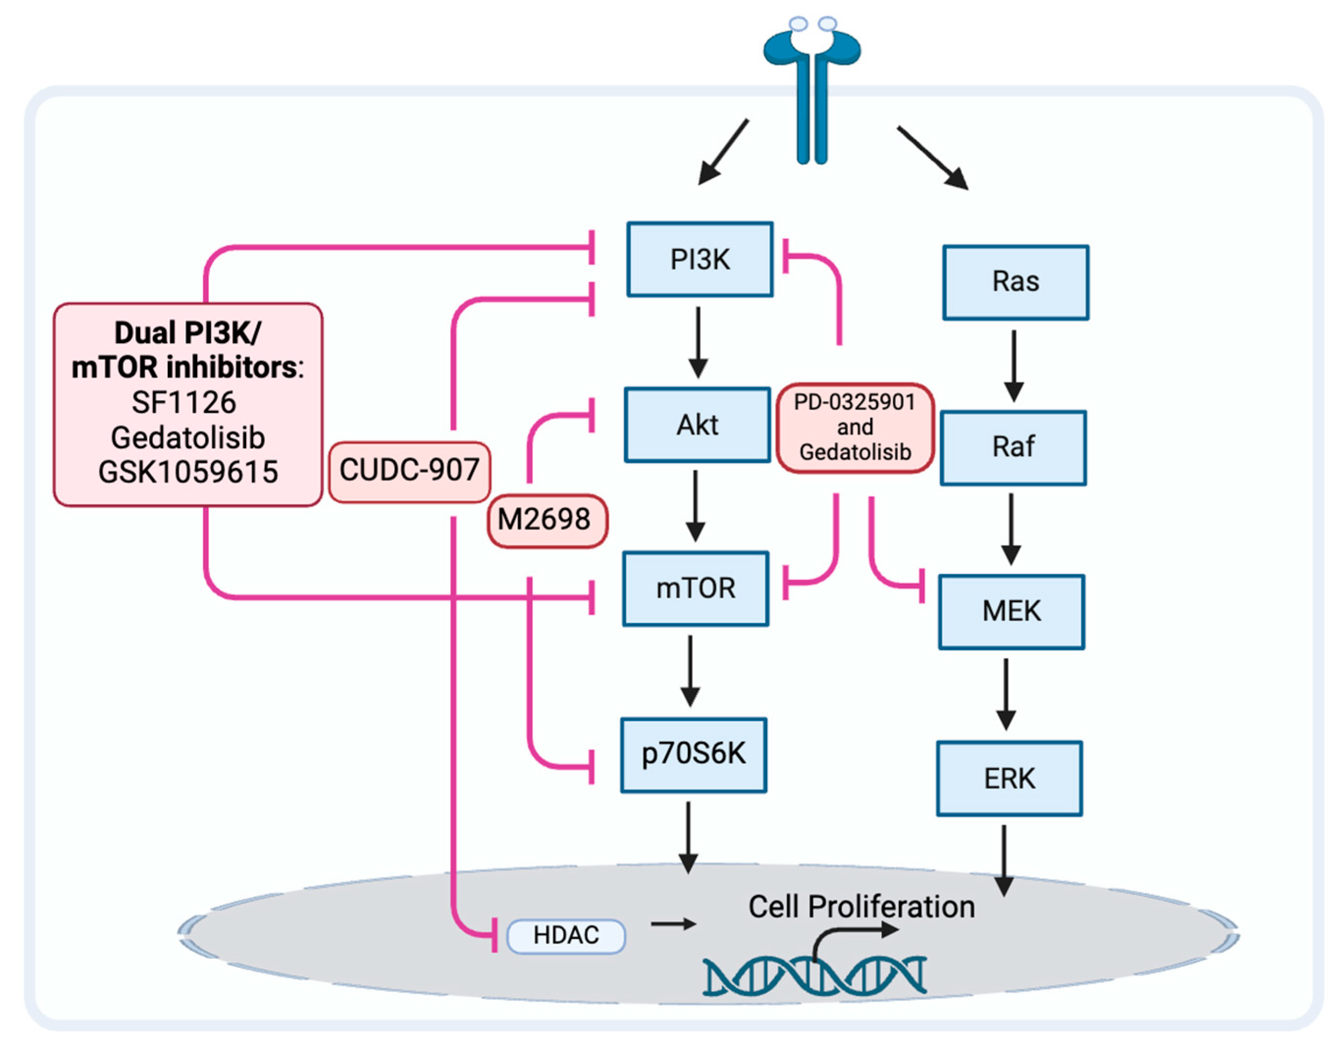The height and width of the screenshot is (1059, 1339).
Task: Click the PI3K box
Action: point(699,259)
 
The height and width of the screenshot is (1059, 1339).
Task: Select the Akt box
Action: point(697,424)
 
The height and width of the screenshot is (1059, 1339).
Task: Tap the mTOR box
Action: point(695,588)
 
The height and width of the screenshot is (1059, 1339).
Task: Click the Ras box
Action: point(1015,282)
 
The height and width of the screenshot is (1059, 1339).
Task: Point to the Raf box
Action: point(1012,447)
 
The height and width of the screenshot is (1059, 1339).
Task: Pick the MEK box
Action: point(1011,611)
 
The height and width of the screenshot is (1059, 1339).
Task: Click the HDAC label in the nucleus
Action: point(566,935)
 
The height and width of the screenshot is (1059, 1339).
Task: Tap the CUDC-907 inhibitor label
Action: point(409,470)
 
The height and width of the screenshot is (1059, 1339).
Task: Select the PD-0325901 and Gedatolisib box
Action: point(855,427)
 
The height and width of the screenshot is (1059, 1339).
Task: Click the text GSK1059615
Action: point(188,472)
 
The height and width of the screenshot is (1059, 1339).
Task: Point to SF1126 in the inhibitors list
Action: point(184,402)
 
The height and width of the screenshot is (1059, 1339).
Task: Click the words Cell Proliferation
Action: point(861,906)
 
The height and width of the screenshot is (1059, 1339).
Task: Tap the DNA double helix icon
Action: point(814,977)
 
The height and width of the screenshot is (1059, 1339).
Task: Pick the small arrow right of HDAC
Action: point(673,925)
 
